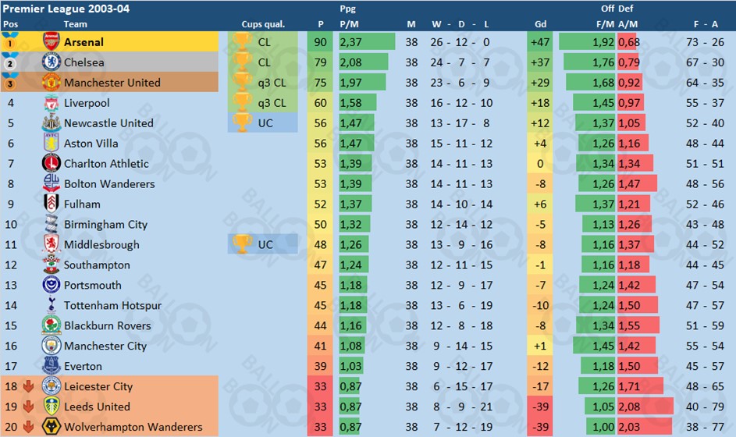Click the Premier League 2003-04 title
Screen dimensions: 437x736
point(66,9)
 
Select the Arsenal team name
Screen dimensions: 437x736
point(84,42)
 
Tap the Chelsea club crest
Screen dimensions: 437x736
point(52,62)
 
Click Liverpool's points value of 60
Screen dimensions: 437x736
point(321,103)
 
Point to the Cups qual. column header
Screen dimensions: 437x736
point(261,24)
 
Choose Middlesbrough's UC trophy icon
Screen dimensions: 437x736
point(243,244)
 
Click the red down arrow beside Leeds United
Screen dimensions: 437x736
point(29,407)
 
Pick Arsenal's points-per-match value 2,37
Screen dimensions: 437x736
point(350,42)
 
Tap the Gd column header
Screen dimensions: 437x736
point(541,24)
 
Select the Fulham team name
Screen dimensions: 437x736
point(82,204)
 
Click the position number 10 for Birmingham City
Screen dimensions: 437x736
point(11,225)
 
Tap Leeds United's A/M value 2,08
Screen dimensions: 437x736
point(629,407)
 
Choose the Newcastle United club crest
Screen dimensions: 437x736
point(52,123)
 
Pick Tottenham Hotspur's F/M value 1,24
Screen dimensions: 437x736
point(603,305)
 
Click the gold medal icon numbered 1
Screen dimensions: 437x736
point(11,43)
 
